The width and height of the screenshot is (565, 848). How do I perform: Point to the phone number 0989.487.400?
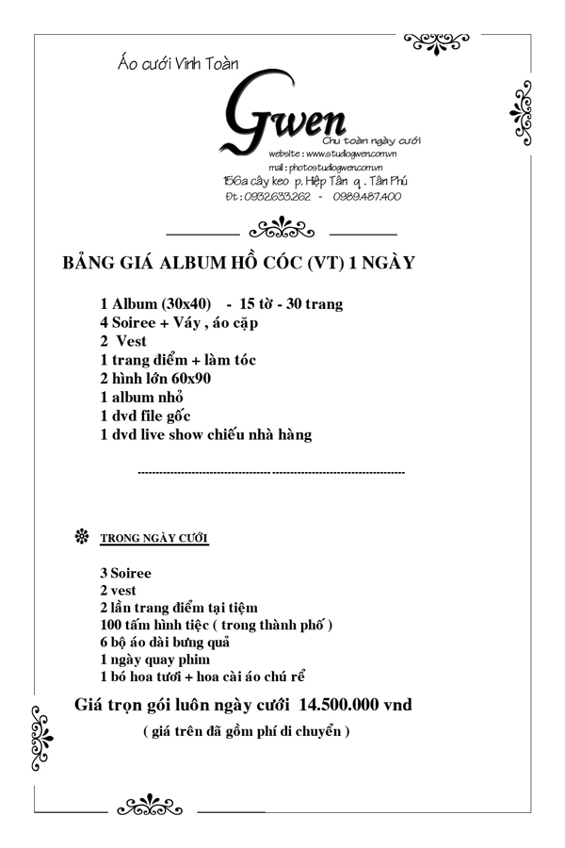click(366, 196)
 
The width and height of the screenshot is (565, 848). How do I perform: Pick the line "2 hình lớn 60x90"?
click(155, 379)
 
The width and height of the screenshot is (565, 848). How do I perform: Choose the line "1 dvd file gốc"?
click(147, 416)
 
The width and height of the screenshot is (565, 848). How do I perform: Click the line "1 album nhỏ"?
click(141, 398)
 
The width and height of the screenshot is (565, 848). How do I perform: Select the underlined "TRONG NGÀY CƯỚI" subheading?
click(153, 540)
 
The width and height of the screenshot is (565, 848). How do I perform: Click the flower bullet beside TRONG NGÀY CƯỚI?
click(81, 538)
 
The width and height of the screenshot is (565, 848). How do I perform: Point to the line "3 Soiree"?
click(125, 573)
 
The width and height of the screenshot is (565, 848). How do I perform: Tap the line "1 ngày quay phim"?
click(154, 660)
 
